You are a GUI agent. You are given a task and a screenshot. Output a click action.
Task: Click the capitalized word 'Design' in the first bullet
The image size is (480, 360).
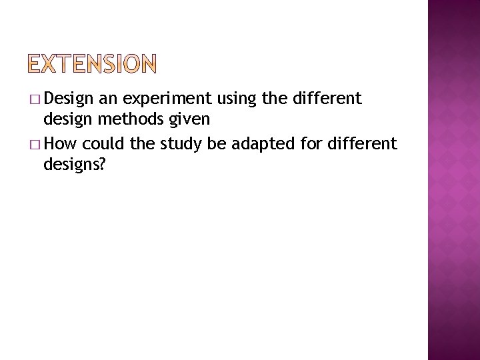click(x=69, y=100)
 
